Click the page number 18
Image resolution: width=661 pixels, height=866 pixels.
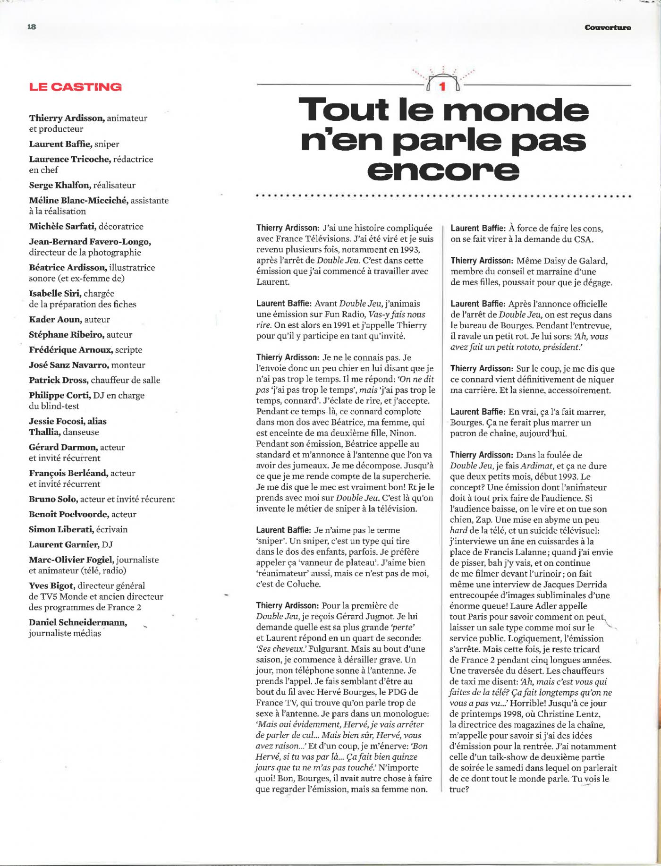pyautogui.click(x=32, y=27)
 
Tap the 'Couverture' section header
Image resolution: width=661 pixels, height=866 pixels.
pyautogui.click(x=608, y=27)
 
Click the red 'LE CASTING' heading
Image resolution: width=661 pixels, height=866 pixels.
pyautogui.click(x=76, y=87)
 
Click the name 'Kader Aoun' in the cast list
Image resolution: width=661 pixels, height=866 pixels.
pyautogui.click(x=55, y=320)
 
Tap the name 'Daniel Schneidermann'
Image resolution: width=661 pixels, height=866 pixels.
pyautogui.click(x=78, y=623)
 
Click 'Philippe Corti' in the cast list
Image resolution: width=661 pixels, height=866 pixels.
pyautogui.click(x=59, y=395)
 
